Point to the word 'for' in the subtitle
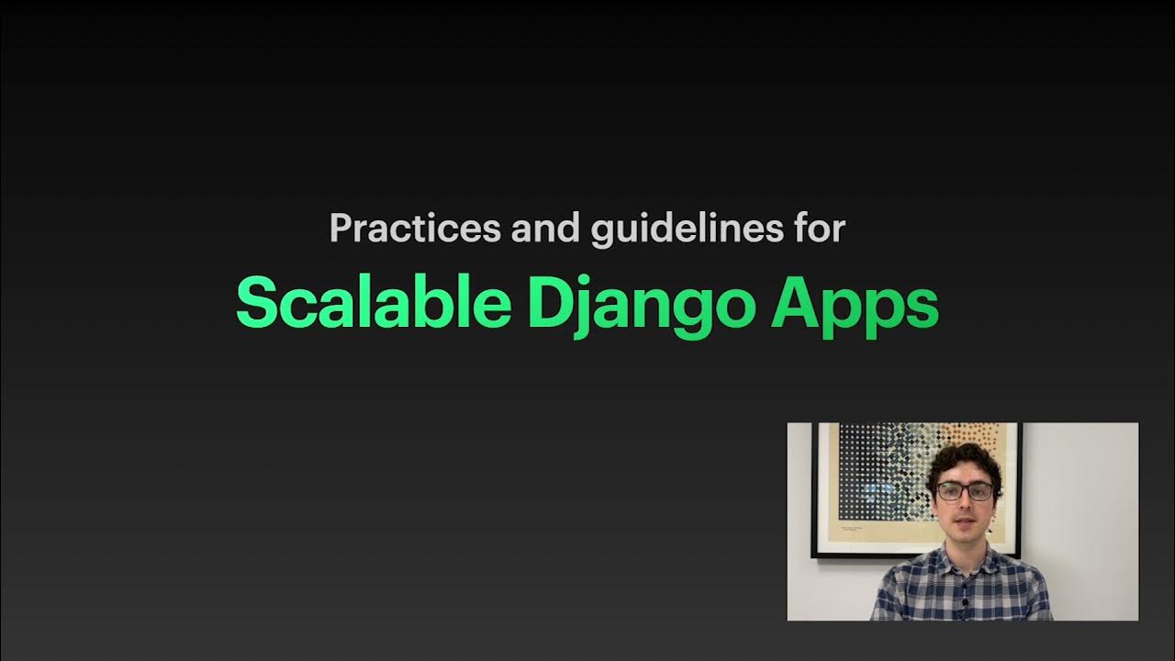[817, 229]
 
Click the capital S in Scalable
[257, 303]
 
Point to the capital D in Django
[547, 303]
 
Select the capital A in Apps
[793, 303]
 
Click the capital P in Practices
[341, 229]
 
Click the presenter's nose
[964, 506]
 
